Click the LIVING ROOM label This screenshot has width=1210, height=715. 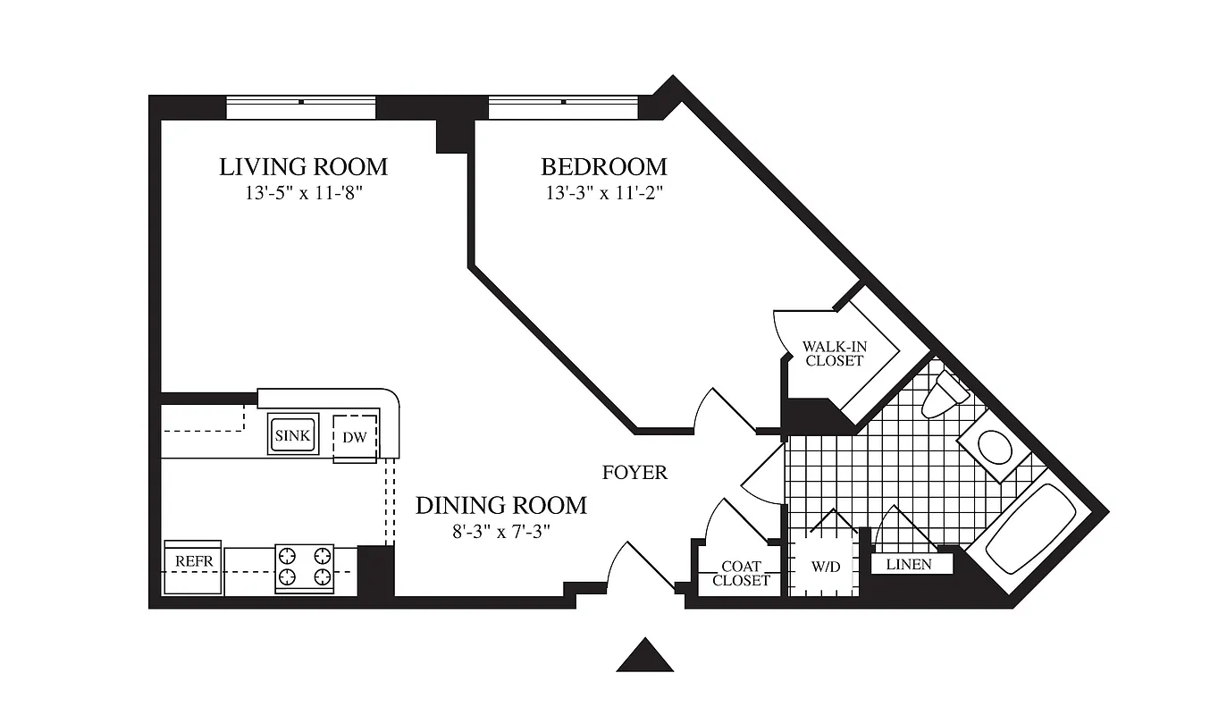coord(303,166)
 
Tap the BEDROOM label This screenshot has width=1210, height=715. coord(604,166)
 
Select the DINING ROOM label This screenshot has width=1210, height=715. coord(500,505)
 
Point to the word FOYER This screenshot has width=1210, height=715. coord(634,473)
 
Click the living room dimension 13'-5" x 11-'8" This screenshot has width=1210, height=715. coord(303,193)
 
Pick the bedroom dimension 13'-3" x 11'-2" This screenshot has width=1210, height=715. coord(604,193)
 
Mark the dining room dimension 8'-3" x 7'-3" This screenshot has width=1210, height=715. coord(500,532)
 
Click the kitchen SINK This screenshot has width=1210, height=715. coord(293,435)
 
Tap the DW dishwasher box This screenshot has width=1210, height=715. coord(355,438)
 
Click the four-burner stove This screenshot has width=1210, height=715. coord(304,568)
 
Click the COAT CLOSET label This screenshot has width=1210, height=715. coord(741,573)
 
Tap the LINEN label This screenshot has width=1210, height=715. coord(908,565)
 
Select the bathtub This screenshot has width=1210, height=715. coord(1029,528)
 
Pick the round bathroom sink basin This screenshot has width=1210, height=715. coord(993,445)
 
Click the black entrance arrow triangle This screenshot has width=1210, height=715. coord(644,656)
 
